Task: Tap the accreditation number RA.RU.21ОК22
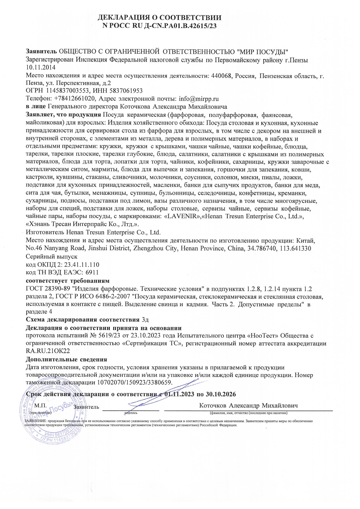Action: point(48,351)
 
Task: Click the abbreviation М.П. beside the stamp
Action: point(38,406)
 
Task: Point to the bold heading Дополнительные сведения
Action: point(66,360)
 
